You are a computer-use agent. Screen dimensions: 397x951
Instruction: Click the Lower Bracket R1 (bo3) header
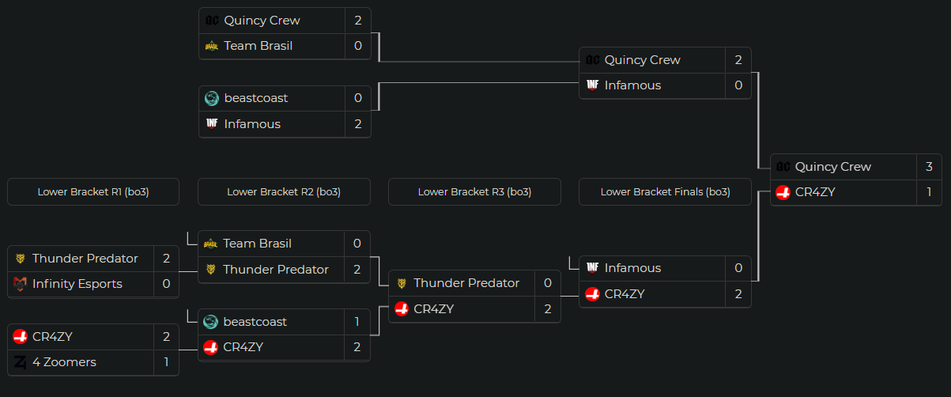[93, 192]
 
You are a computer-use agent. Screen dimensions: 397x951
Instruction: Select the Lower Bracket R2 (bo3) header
[284, 192]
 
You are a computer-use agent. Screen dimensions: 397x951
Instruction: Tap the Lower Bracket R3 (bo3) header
[474, 192]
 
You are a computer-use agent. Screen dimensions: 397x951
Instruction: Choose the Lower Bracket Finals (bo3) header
[665, 192]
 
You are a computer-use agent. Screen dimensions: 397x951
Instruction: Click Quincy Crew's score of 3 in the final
[929, 167]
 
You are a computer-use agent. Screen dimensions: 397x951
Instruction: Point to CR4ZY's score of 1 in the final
[929, 192]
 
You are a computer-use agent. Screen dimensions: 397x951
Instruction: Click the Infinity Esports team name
[77, 284]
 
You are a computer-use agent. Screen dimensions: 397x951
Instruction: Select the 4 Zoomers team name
[64, 362]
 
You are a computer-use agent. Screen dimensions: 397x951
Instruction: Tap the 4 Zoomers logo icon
[21, 362]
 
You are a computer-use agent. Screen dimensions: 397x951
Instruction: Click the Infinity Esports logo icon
[21, 284]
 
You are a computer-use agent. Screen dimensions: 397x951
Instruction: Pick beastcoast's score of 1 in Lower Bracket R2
[357, 322]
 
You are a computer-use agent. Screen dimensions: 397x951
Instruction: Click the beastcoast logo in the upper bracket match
[212, 98]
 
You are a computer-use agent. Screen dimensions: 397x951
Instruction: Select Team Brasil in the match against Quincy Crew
[258, 46]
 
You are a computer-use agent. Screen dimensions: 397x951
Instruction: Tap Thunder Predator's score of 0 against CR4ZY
[548, 283]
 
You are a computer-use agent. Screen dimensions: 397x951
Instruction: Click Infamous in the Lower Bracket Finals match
[632, 268]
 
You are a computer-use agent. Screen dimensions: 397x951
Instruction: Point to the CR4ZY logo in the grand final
[783, 192]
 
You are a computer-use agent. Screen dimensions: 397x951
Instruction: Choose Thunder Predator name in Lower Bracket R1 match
[85, 259]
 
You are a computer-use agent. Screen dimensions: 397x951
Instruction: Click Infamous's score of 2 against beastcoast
[357, 124]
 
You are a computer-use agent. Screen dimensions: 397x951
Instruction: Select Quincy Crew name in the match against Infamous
[642, 60]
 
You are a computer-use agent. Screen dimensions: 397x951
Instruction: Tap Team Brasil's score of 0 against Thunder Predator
[357, 244]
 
